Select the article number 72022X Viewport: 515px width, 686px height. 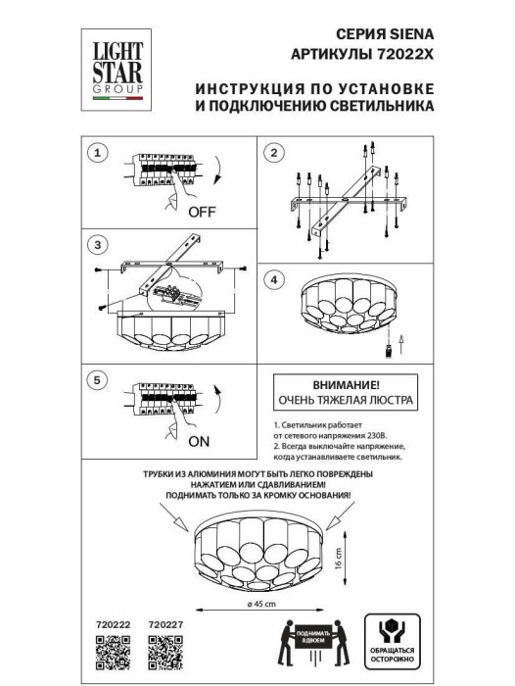coord(404,54)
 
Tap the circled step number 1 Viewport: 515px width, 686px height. coord(95,153)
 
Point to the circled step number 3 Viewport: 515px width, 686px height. coord(95,244)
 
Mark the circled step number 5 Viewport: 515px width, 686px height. coord(95,379)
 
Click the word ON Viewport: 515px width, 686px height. coord(198,441)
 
